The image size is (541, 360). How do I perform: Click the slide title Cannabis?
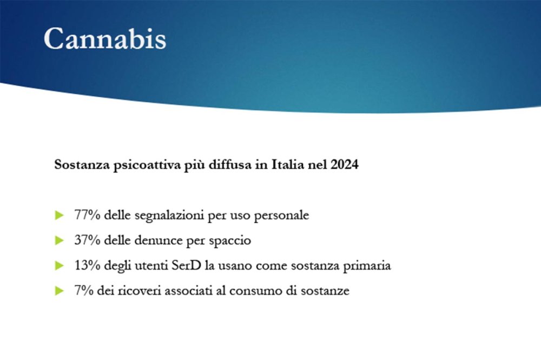point(104,38)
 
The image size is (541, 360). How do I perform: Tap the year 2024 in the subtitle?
point(344,165)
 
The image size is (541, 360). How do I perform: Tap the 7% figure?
point(83,291)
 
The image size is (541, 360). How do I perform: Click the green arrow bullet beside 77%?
point(60,216)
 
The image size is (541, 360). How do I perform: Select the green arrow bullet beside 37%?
point(60,241)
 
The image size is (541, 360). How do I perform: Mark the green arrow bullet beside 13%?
point(60,266)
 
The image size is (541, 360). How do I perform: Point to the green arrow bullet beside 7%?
point(60,291)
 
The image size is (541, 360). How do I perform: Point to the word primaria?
point(370,266)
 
